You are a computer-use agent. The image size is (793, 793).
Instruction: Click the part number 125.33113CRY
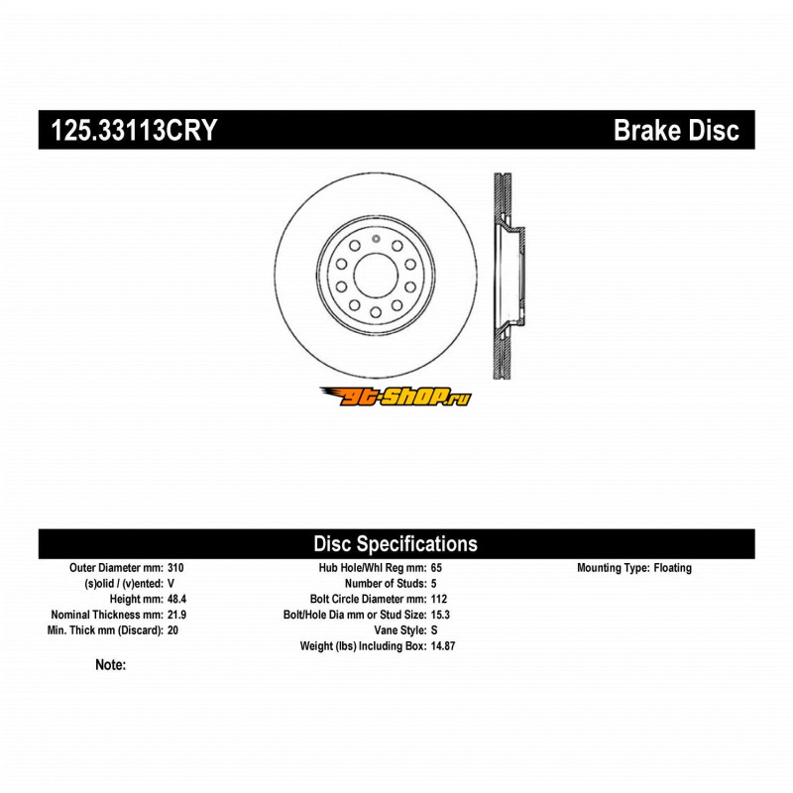click(134, 130)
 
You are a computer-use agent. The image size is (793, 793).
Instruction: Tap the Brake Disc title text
click(676, 130)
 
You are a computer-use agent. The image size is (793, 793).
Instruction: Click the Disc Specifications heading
click(396, 543)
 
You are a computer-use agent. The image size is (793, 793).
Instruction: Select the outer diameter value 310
click(175, 567)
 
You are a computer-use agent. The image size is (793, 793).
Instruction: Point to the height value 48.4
click(177, 599)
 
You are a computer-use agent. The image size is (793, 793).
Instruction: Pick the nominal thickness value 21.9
click(177, 615)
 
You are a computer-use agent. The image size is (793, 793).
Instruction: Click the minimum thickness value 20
click(172, 630)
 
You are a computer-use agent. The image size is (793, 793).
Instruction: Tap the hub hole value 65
click(436, 567)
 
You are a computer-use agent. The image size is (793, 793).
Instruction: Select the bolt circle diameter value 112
click(439, 599)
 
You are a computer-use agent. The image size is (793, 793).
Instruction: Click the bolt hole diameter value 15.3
click(440, 615)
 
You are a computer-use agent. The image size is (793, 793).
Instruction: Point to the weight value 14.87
click(443, 646)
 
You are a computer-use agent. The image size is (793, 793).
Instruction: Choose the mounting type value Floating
click(673, 567)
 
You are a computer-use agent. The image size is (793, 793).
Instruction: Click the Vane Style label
click(400, 630)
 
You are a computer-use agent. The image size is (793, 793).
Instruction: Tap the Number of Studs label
click(386, 583)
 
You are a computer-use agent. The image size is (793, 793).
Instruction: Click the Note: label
click(111, 664)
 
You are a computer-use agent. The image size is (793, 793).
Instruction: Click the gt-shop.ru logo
click(396, 396)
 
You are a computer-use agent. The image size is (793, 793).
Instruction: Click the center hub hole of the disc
click(376, 276)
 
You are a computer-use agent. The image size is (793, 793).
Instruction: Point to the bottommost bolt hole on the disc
click(376, 312)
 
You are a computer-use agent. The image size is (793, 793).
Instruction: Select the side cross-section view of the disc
click(509, 276)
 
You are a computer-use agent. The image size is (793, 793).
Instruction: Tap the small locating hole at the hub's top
click(376, 238)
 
